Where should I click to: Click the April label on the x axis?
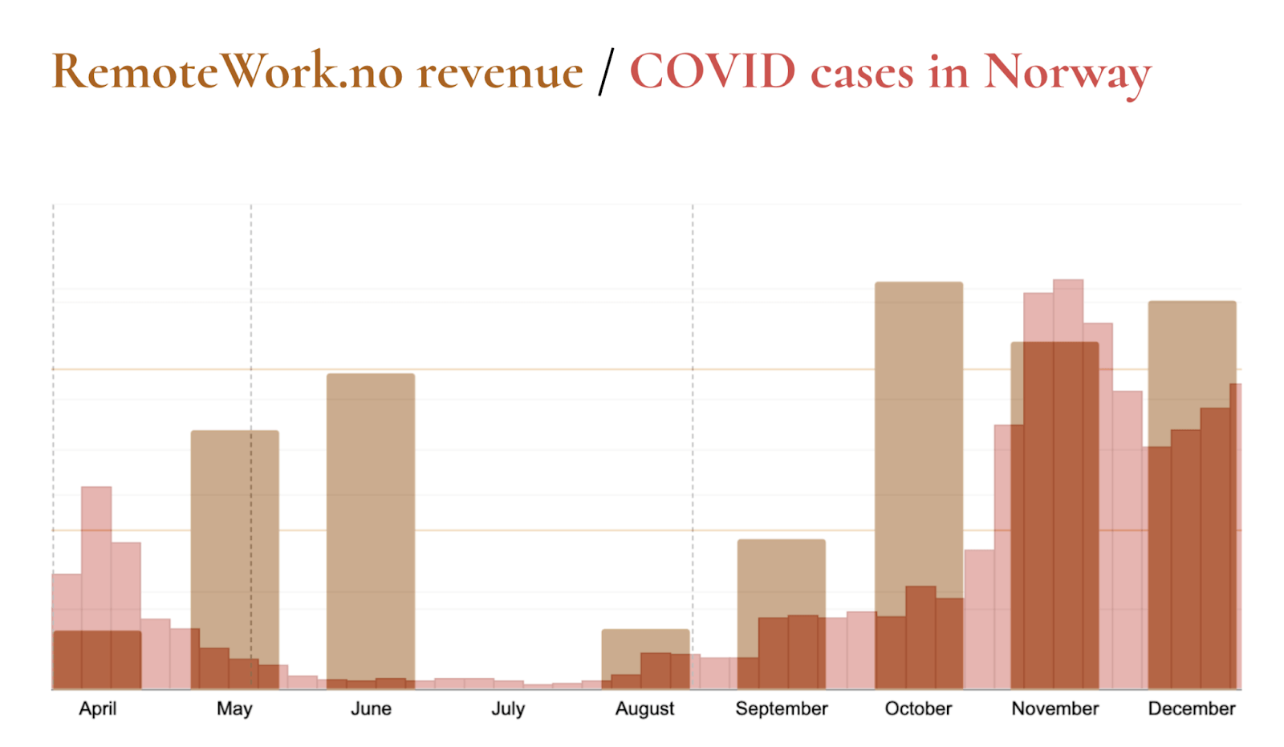point(97,708)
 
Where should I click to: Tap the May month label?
point(234,708)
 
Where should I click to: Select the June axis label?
point(371,708)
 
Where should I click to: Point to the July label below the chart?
point(508,708)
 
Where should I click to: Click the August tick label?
point(644,708)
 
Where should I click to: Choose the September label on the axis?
point(782,708)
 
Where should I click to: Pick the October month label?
point(918,708)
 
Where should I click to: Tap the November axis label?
point(1054,708)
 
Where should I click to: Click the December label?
point(1192,708)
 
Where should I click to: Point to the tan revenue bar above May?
point(234,530)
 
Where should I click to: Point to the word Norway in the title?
point(1067,72)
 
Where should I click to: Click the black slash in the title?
point(606,72)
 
